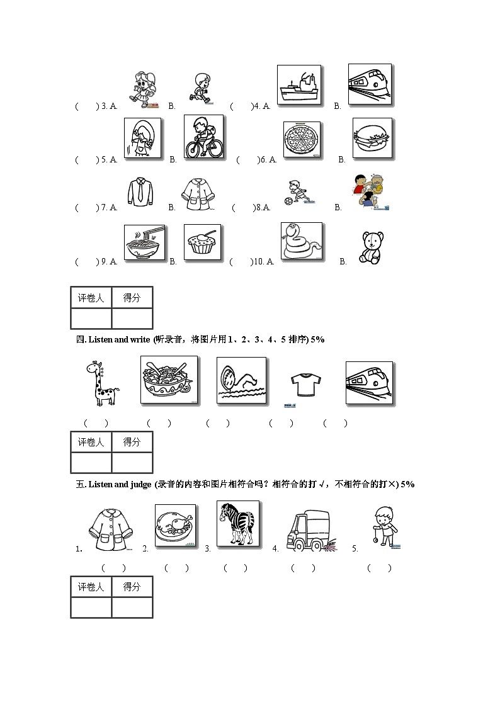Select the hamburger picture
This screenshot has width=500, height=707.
pyautogui.click(x=372, y=138)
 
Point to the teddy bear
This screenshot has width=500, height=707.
pyautogui.click(x=371, y=247)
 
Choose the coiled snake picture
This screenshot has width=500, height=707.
pyautogui.click(x=302, y=241)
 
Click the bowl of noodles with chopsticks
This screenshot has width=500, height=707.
pyautogui.click(x=144, y=242)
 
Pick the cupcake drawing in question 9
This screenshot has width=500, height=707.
pyautogui.click(x=202, y=242)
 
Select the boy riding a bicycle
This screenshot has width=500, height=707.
pyautogui.click(x=203, y=137)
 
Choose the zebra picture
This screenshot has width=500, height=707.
pyautogui.click(x=237, y=524)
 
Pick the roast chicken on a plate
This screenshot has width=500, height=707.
pyautogui.click(x=176, y=525)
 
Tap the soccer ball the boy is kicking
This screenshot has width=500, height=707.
pyautogui.click(x=288, y=202)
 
